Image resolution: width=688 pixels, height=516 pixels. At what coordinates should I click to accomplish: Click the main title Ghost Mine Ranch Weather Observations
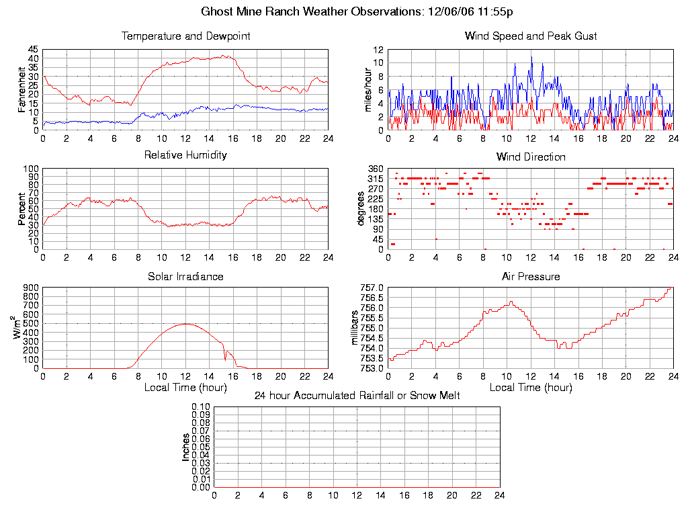point(357,11)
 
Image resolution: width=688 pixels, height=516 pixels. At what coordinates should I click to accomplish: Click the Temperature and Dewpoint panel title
point(185,36)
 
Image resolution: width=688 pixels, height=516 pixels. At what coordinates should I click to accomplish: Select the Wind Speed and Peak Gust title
point(531,36)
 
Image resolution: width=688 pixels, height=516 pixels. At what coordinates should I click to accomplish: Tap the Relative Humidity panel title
point(185,155)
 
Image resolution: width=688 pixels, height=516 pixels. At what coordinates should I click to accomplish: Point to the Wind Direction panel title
point(531,157)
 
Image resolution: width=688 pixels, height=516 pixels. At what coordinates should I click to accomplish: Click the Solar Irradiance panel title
point(185,276)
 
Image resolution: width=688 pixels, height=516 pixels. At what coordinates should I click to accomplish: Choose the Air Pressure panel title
point(531,276)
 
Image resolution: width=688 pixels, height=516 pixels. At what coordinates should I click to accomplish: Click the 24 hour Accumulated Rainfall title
point(357,396)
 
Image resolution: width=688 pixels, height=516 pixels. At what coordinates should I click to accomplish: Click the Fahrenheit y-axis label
point(21,90)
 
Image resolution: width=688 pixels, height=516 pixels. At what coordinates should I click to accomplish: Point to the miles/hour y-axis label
point(368,89)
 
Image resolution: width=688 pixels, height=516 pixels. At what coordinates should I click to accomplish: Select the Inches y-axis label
point(186,447)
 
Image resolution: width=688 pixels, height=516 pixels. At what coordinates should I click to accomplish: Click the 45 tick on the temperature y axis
point(33,50)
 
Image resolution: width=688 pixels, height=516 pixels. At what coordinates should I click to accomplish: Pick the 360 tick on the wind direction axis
point(375,169)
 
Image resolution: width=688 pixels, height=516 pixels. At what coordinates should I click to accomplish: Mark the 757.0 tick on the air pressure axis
point(372,288)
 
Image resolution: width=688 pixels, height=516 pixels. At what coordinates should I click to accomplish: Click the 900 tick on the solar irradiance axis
point(30,288)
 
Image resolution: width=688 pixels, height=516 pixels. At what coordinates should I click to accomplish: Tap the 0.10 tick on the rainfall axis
point(201,407)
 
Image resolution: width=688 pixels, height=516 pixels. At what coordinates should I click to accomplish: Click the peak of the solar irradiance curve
point(185,324)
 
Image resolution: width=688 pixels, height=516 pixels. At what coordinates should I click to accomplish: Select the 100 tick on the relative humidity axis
point(30,169)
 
